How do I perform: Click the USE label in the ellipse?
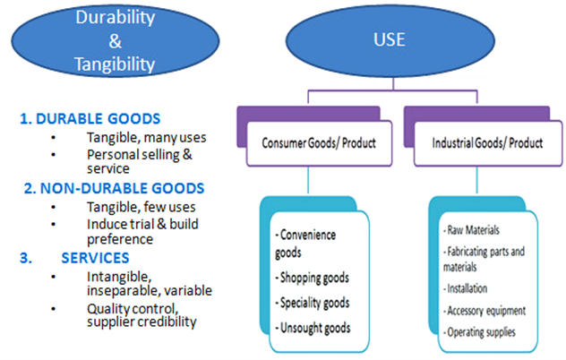pyautogui.click(x=390, y=39)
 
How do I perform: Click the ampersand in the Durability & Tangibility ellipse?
pyautogui.click(x=116, y=41)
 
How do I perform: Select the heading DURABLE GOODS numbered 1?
pyautogui.click(x=90, y=119)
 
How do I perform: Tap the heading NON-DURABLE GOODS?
pyautogui.click(x=114, y=188)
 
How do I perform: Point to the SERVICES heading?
pyautogui.click(x=95, y=258)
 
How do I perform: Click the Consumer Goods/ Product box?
pyautogui.click(x=319, y=143)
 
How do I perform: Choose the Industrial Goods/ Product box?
pyautogui.click(x=488, y=143)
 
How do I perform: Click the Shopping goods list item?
pyautogui.click(x=313, y=278)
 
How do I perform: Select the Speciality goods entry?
pyautogui.click(x=313, y=303)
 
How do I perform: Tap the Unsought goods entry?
pyautogui.click(x=313, y=328)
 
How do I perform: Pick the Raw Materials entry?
pyautogui.click(x=472, y=230)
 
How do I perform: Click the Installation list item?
pyautogui.click(x=466, y=288)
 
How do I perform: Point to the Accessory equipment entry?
pyautogui.click(x=485, y=311)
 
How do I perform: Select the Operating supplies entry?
pyautogui.click(x=480, y=332)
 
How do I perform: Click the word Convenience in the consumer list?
pyautogui.click(x=308, y=235)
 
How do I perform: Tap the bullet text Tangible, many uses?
pyautogui.click(x=147, y=138)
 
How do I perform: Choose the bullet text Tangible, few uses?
pyautogui.click(x=141, y=207)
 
